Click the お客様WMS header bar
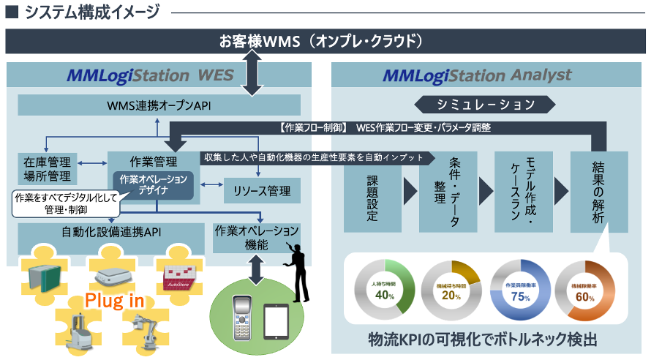[325, 41]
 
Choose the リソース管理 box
[256, 192]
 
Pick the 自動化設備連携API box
[111, 234]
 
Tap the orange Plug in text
[114, 301]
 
